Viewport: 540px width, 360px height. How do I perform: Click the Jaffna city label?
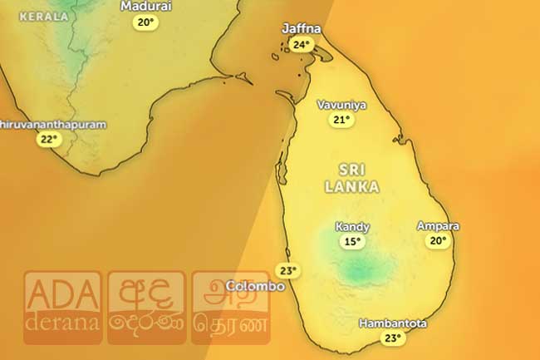301,29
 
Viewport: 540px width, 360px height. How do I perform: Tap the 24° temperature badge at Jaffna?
302,45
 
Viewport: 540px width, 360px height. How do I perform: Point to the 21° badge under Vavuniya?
341,121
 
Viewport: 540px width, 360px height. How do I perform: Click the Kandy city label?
352,227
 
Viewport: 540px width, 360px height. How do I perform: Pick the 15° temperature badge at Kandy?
353,242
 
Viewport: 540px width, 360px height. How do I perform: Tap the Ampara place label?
438,226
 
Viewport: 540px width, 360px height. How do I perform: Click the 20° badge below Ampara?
438,241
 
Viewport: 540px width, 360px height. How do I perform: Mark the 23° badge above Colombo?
287,271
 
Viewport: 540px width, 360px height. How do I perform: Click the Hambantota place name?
394,323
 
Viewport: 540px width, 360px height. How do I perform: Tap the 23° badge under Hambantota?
393,338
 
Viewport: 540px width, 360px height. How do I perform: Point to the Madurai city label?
146,7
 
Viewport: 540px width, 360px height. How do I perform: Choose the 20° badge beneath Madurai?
146,22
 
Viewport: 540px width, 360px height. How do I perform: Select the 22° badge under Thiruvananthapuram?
50,140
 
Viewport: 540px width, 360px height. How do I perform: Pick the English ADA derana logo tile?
62,308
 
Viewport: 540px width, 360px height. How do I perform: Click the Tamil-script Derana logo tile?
231,308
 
